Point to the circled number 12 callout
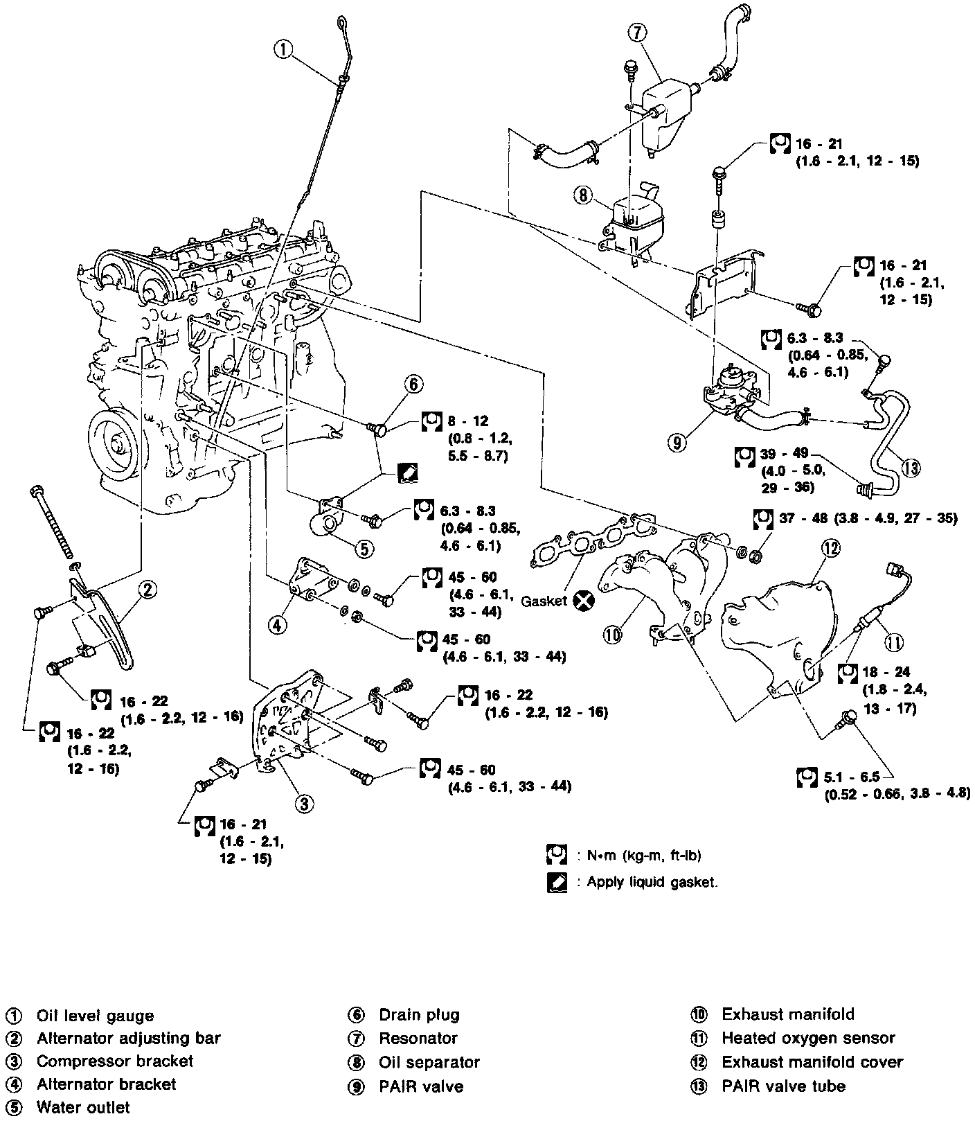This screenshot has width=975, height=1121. (830, 547)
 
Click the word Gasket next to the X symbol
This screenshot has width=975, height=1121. (544, 601)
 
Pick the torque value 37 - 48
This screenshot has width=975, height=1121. (797, 518)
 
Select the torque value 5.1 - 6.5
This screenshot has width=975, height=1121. (851, 777)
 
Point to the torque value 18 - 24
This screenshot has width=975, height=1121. (886, 671)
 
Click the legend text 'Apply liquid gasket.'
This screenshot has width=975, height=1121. (652, 882)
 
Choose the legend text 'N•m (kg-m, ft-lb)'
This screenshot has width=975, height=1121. (644, 856)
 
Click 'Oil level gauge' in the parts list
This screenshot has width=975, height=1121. (95, 1016)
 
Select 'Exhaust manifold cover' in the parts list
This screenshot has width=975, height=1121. (812, 1061)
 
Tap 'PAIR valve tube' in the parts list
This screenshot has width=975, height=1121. (783, 1086)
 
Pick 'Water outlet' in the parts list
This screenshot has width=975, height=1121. (83, 1107)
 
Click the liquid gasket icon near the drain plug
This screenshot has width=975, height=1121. (408, 473)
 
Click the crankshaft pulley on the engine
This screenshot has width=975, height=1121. (116, 443)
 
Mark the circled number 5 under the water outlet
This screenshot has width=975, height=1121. (364, 548)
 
